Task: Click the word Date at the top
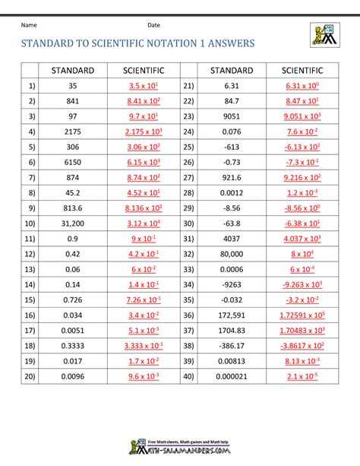click(x=153, y=26)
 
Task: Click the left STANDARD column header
click(x=73, y=71)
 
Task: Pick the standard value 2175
click(x=73, y=132)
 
